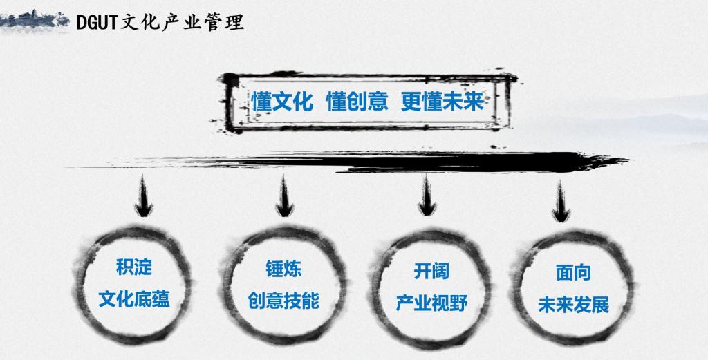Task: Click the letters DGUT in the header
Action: [97, 21]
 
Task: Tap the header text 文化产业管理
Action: [183, 21]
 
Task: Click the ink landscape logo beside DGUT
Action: [35, 20]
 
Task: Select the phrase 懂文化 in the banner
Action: [282, 102]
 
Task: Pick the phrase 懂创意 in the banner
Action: [357, 102]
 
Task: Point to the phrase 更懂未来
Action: [442, 102]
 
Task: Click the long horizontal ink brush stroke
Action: [348, 162]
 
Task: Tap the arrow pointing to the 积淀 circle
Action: [144, 197]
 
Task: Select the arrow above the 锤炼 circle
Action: [284, 197]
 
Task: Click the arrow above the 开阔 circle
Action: [427, 196]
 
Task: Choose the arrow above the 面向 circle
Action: [560, 201]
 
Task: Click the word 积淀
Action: [134, 267]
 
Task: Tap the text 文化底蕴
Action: [134, 299]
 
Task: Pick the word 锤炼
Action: [283, 269]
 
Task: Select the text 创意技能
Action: [283, 301]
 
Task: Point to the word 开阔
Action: [431, 271]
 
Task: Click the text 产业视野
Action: [431, 303]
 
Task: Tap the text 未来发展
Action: [573, 305]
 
